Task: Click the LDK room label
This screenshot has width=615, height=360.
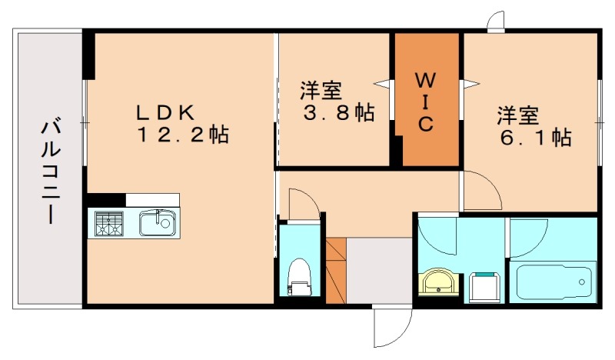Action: pos(164,112)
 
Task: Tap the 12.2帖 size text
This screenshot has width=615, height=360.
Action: pos(182,136)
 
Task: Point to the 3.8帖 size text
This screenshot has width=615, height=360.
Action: pos(336,113)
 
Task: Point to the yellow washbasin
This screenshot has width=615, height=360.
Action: pos(440,282)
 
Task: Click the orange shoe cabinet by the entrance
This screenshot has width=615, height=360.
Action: pos(336,270)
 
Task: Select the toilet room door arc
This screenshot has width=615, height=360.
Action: pos(301,205)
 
